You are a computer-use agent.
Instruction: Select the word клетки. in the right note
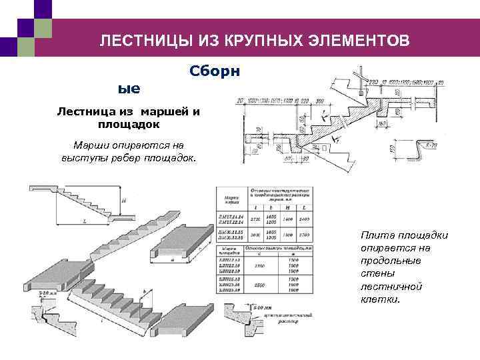(x=381, y=299)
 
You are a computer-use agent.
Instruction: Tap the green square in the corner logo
(x=43, y=29)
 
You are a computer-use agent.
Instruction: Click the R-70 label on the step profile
(x=431, y=144)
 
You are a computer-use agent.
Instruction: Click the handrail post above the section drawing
(x=360, y=79)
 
